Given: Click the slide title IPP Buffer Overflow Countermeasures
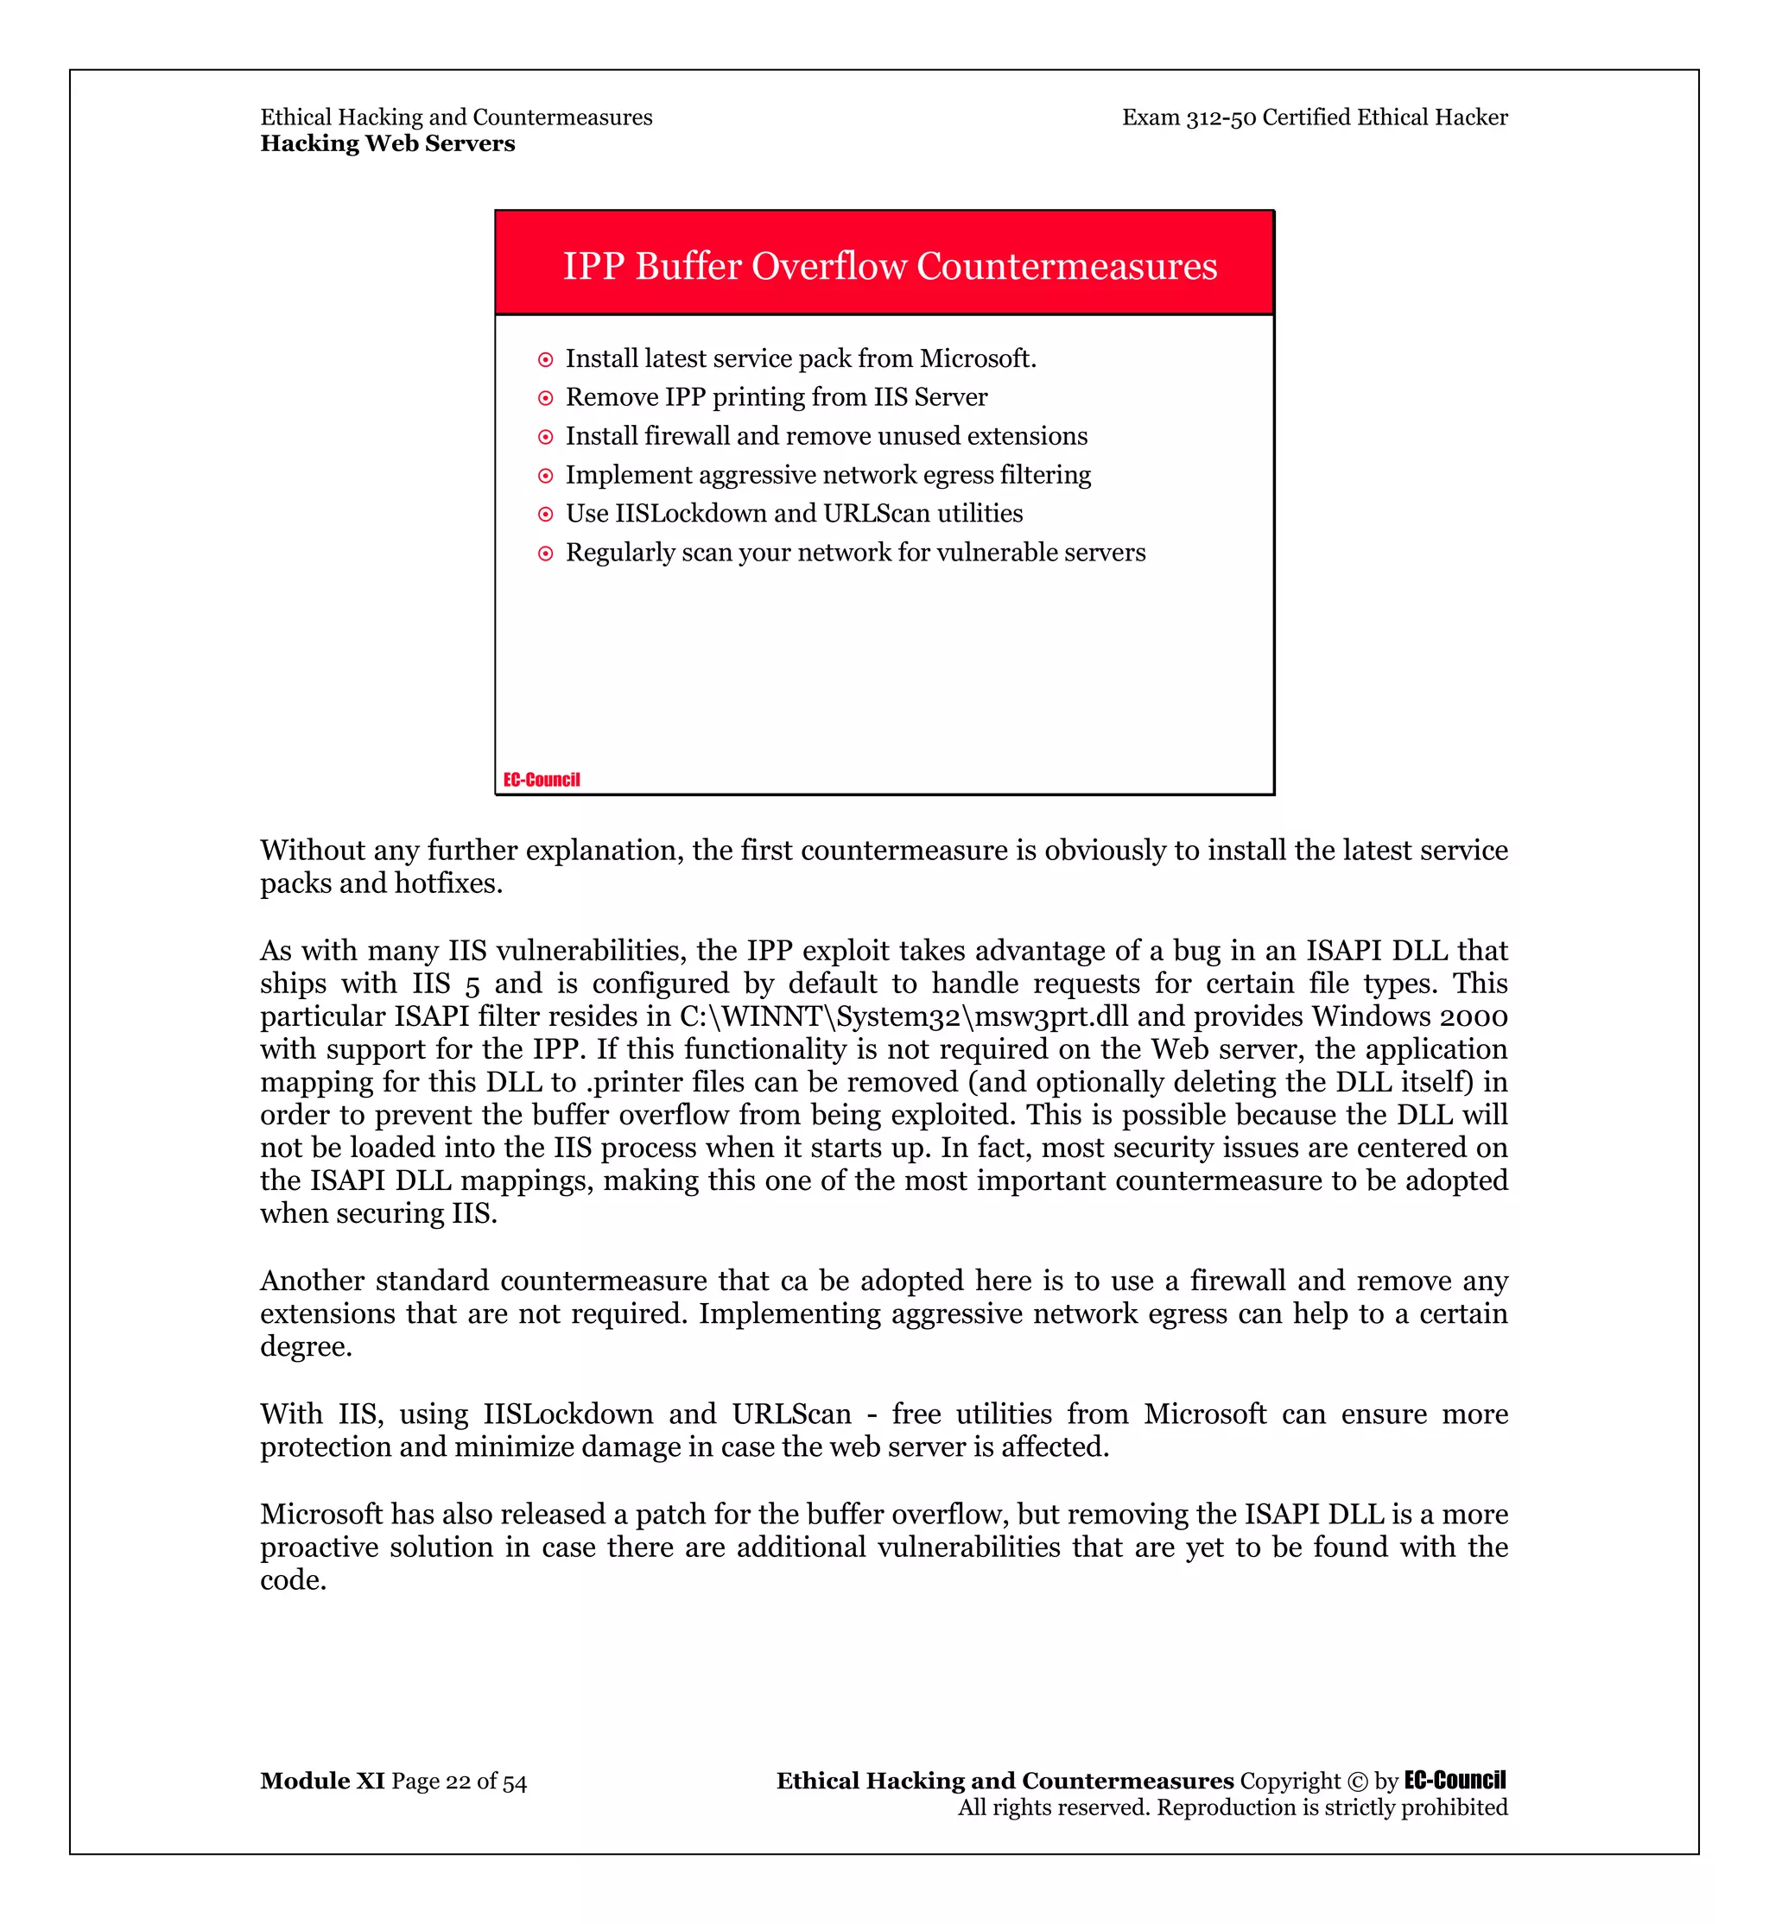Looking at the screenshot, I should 890,266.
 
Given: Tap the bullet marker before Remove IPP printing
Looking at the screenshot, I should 546,398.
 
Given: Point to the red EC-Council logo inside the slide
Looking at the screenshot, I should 542,779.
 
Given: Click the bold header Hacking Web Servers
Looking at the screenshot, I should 388,143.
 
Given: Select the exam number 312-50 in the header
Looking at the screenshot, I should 1221,117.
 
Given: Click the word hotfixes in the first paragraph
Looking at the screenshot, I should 448,883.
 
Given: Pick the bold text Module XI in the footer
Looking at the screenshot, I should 322,1782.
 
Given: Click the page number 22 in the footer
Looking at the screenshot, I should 459,1782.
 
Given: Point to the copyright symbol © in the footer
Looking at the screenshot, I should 1357,1782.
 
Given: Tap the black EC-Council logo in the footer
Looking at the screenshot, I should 1455,1781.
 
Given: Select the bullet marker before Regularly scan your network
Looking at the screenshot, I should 546,554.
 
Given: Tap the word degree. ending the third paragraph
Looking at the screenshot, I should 307,1348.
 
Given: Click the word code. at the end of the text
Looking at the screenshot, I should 294,1580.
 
